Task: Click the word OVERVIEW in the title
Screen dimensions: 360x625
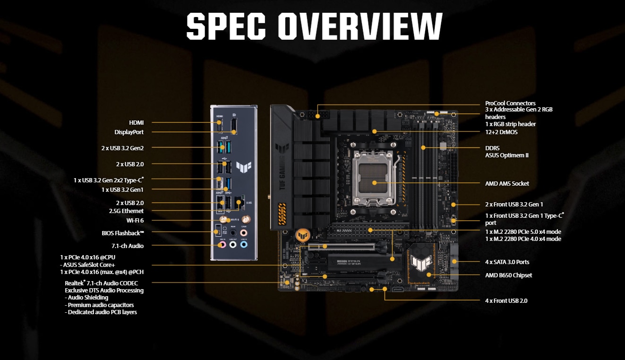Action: (360, 26)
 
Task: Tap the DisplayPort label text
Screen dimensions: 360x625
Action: (129, 132)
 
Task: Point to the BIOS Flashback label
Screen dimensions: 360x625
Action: (123, 233)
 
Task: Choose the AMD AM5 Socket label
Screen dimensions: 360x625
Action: (507, 183)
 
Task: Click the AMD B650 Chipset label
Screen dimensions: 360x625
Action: (508, 275)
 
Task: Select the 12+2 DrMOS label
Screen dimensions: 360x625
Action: (501, 132)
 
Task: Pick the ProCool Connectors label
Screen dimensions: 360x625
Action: (510, 103)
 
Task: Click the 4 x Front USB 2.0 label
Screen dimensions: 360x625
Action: (506, 300)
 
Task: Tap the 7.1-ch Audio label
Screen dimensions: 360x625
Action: (128, 246)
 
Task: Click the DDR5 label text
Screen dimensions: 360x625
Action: (493, 148)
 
